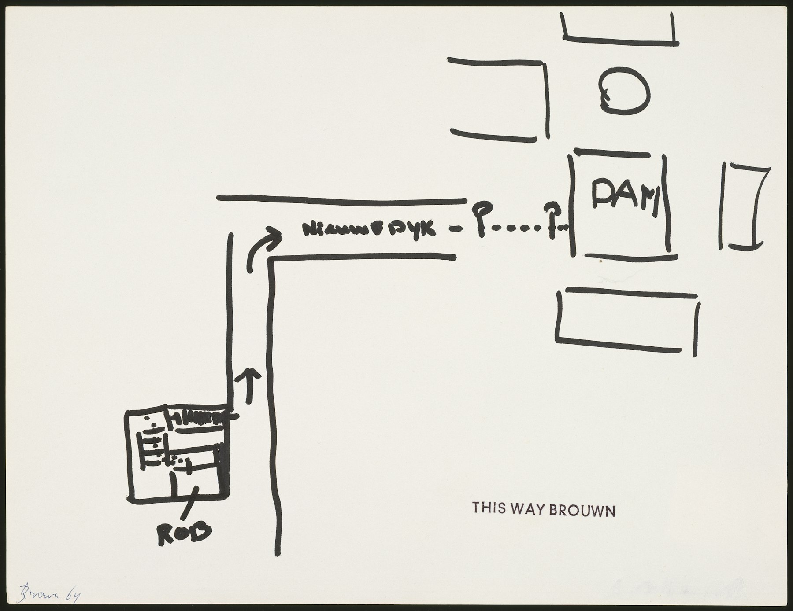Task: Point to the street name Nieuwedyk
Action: point(369,229)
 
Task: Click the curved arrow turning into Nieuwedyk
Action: point(263,249)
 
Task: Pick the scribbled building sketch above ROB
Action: point(178,452)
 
